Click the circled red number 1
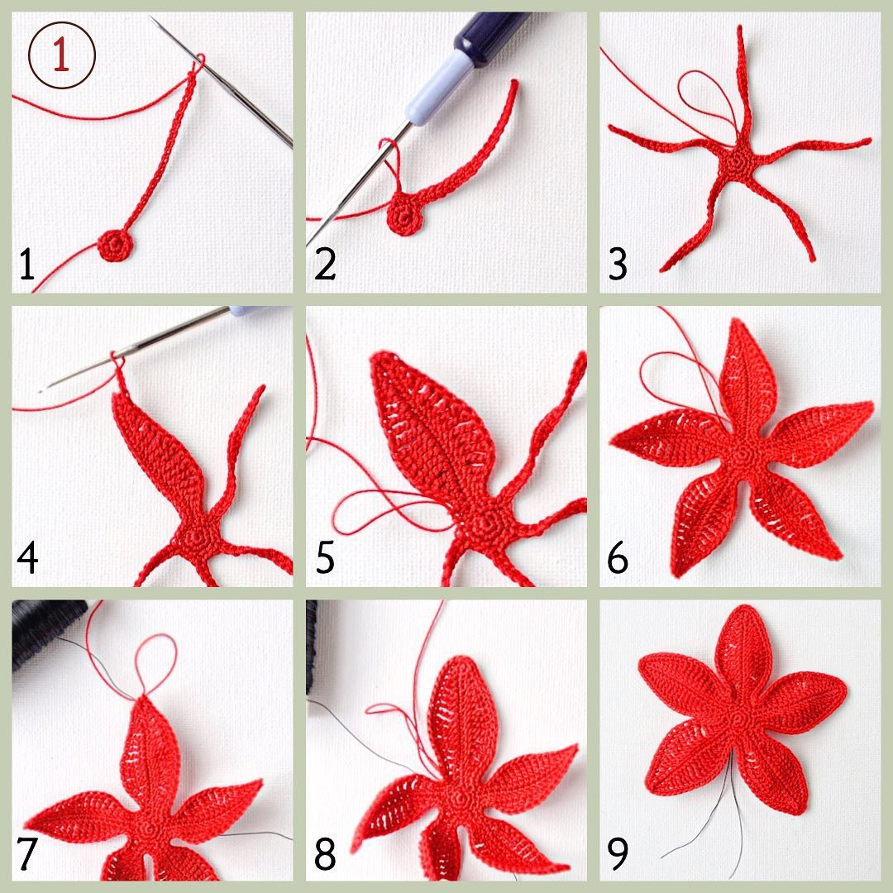click(x=61, y=55)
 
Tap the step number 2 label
click(x=325, y=264)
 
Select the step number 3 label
click(x=618, y=264)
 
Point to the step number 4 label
click(x=28, y=557)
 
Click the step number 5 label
click(x=325, y=558)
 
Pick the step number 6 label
click(x=618, y=558)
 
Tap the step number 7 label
click(x=26, y=852)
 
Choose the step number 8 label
click(x=325, y=852)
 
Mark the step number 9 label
click(x=618, y=852)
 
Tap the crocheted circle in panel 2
click(x=405, y=217)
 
